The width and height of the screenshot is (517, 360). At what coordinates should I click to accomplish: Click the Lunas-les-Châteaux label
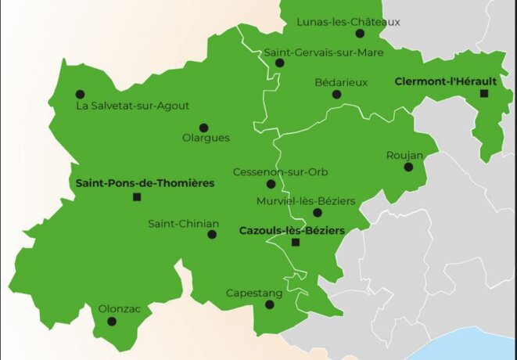tap(348, 22)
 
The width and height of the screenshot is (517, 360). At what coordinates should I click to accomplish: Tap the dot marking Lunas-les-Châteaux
tap(360, 34)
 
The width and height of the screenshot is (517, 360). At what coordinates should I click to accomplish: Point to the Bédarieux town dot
tap(336, 95)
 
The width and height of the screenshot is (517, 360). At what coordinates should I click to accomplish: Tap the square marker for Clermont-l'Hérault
tap(483, 94)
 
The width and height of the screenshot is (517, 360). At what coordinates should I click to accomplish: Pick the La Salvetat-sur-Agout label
tap(132, 106)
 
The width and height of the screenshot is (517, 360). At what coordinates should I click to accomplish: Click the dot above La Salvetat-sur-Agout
tap(79, 92)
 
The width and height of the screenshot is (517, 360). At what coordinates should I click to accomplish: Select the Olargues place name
tap(206, 139)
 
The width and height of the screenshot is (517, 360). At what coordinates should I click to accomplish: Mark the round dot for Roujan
tap(408, 167)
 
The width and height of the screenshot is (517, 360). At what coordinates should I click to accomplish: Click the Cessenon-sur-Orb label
tap(270, 172)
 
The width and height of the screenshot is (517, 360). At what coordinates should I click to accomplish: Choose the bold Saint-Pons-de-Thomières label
tap(145, 182)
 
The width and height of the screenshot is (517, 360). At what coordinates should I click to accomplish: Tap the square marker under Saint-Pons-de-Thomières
tap(138, 197)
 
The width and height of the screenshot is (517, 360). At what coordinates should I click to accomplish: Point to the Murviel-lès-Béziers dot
tap(317, 213)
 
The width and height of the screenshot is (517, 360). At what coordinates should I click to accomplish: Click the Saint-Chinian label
tap(183, 223)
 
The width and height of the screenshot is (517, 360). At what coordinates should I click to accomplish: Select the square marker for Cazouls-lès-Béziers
tap(295, 243)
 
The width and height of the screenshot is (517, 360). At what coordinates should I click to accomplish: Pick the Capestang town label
tap(253, 293)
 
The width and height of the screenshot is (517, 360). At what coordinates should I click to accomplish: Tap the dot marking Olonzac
tap(112, 321)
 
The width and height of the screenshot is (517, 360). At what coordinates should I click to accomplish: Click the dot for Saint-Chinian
tap(211, 234)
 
